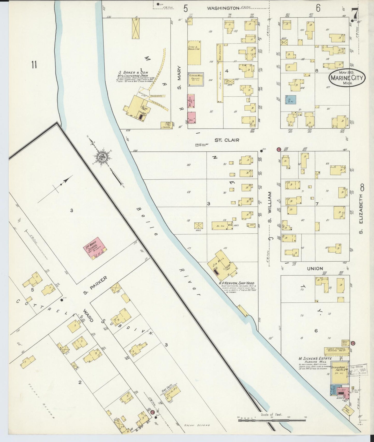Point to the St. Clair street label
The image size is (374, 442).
(x=227, y=140)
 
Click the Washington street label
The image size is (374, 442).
(x=223, y=8)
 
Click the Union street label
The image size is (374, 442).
(x=315, y=269)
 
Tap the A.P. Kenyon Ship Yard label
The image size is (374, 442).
(x=236, y=283)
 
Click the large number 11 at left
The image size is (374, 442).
(x=34, y=65)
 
